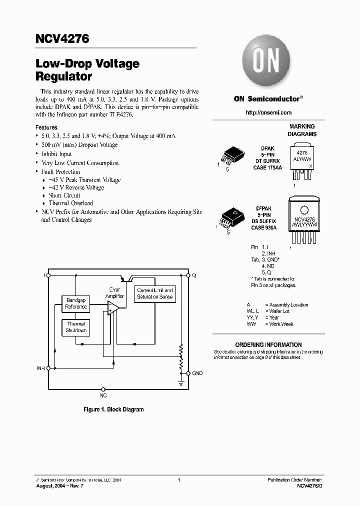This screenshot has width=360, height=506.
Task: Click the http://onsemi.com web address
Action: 268,113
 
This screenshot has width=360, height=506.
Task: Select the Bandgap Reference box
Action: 76,303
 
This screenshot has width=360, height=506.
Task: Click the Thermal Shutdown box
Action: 76,327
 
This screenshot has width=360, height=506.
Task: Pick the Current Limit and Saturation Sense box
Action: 155,293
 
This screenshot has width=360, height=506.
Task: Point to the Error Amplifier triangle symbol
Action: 113,308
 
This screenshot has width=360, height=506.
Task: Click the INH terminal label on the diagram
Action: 40,368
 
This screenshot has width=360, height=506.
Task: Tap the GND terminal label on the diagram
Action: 197,373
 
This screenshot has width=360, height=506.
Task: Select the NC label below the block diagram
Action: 103,395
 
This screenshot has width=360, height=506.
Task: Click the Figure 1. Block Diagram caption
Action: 113,409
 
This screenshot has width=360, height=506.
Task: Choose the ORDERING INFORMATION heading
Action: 268,345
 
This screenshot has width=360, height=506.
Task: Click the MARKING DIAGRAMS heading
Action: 302,130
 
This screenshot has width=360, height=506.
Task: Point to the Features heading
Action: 46,127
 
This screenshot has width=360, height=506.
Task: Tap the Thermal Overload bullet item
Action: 70,203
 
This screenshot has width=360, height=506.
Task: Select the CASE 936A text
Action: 263,227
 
